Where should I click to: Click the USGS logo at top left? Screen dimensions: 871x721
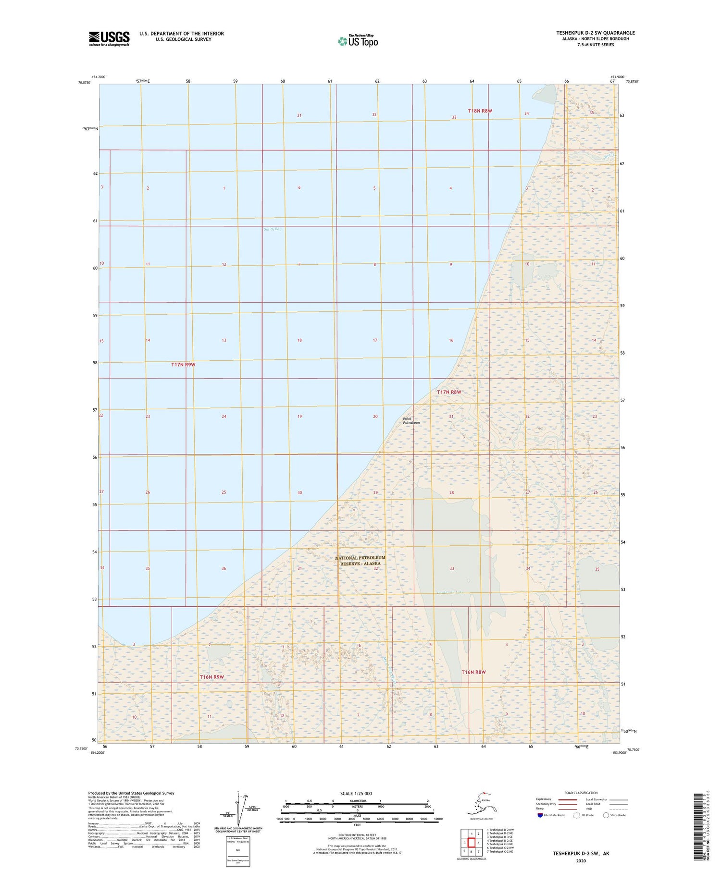pos(109,38)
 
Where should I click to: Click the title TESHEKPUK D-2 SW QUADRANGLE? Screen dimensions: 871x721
pos(595,33)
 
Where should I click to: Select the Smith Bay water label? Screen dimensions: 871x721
pos(273,229)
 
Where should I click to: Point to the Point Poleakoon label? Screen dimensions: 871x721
pos(411,420)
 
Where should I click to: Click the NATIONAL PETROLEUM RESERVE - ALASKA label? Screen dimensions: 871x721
pos(360,561)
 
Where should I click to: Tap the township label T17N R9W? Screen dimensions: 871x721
pos(183,365)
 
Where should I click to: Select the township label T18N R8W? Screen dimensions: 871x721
pos(480,111)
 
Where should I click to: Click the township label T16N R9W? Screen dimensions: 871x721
pos(212,677)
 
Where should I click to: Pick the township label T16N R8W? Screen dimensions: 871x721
pos(473,672)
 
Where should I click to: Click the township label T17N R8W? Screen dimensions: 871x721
pos(449,392)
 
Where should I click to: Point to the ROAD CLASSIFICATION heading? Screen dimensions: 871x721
pos(581,793)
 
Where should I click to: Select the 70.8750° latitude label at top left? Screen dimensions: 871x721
pos(84,83)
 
